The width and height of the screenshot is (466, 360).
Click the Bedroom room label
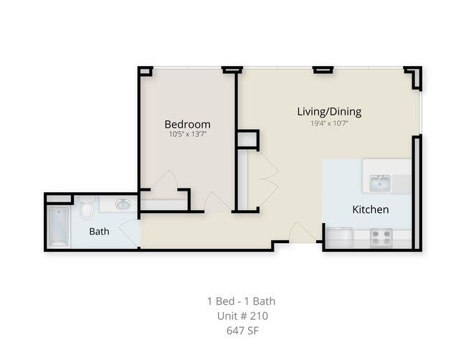click(188, 124)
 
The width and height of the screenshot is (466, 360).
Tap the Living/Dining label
click(329, 112)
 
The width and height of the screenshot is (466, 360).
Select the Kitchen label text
click(371, 209)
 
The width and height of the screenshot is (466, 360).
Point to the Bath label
click(99, 232)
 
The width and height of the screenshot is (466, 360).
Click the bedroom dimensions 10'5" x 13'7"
click(188, 134)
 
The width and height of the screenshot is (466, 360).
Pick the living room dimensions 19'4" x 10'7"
click(329, 123)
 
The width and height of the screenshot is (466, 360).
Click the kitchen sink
click(380, 183)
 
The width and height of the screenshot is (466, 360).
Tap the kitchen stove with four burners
click(381, 238)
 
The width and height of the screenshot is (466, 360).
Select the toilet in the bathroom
click(87, 207)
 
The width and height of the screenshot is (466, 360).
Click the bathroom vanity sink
click(123, 204)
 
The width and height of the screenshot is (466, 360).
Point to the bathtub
click(59, 227)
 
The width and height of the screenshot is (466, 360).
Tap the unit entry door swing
click(303, 232)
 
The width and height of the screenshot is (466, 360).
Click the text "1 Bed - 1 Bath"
click(242, 301)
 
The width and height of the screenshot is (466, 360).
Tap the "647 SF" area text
click(242, 331)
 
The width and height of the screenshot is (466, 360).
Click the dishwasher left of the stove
click(339, 238)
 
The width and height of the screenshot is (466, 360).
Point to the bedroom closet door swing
click(164, 181)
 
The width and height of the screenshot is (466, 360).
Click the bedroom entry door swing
click(218, 202)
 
